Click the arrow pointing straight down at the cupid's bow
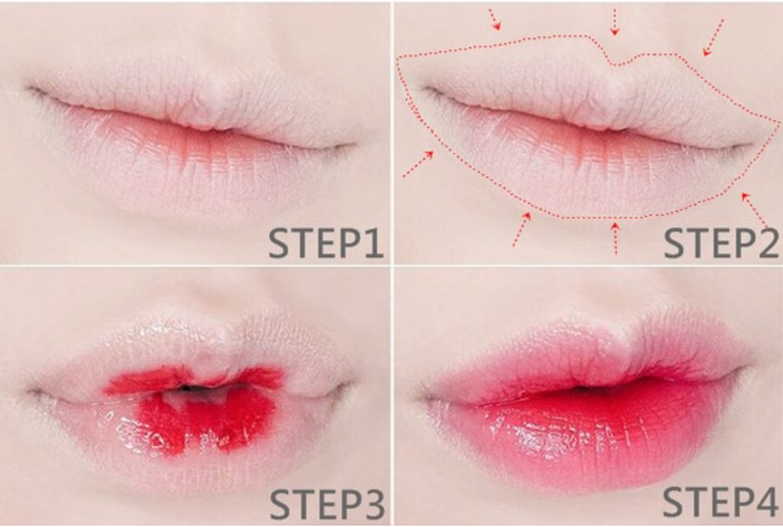(615, 21)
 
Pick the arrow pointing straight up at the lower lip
(615, 238)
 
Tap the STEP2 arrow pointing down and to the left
(713, 31)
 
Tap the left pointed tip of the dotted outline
(397, 58)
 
